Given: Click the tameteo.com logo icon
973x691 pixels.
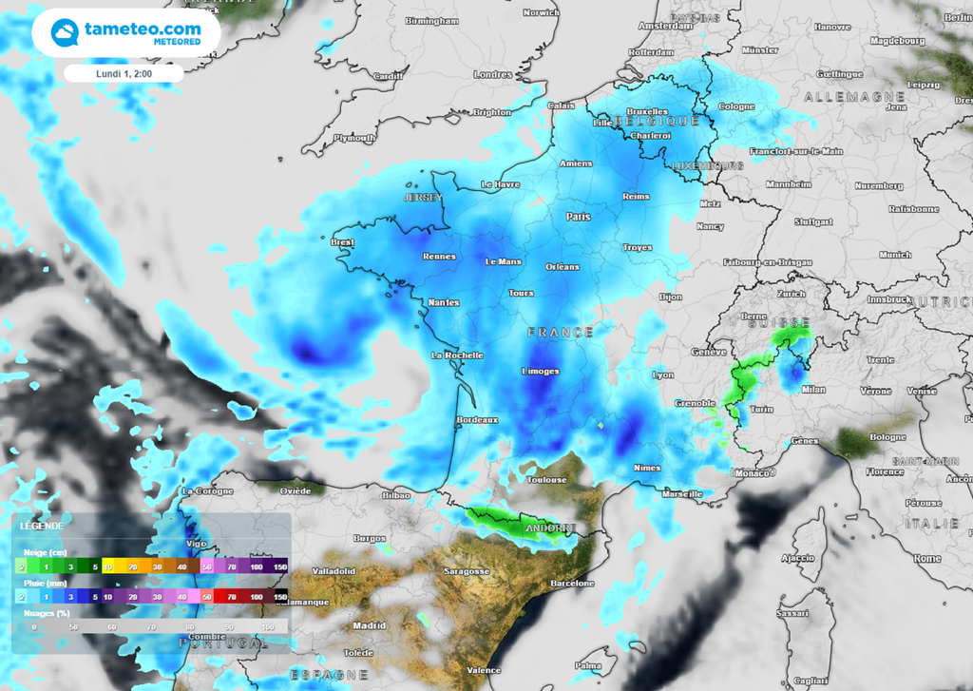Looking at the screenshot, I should point(65,32).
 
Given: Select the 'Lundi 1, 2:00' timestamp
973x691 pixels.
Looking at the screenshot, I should point(124,73).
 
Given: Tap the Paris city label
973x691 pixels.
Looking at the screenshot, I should point(578,217).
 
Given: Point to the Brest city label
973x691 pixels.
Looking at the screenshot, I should point(342,242).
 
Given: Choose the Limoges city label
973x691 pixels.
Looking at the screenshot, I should point(540,371).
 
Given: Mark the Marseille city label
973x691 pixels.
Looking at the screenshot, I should point(681,494).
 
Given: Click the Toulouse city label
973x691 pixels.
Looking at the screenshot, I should point(546,480).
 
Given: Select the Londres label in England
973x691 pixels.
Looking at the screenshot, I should point(492,75).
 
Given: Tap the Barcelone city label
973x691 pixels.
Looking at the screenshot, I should point(571,583).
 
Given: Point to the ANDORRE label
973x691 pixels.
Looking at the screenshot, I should point(551,528).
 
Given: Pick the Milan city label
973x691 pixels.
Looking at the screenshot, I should point(813,389).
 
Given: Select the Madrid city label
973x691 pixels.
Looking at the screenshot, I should point(370,625).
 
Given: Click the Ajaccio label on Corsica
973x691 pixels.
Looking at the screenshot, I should point(798,557).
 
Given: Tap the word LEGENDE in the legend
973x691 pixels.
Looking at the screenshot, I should point(42,526).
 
